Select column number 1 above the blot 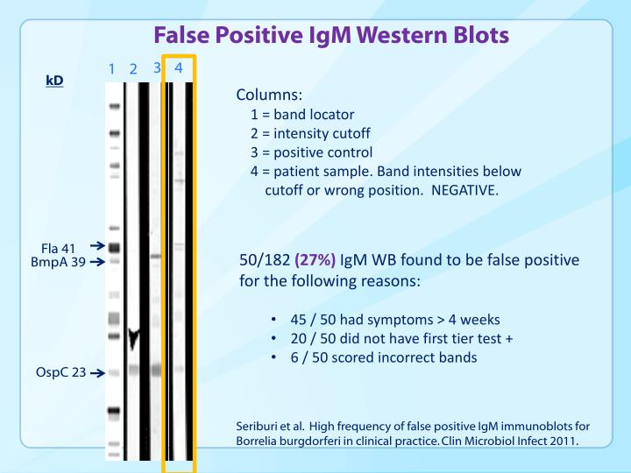pyautogui.click(x=112, y=69)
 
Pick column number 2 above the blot pyautogui.click(x=133, y=69)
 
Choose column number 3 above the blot pyautogui.click(x=157, y=67)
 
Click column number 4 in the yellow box pyautogui.click(x=178, y=67)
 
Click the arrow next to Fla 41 pyautogui.click(x=96, y=247)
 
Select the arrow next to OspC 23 pyautogui.click(x=96, y=372)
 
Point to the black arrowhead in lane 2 pyautogui.click(x=134, y=340)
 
